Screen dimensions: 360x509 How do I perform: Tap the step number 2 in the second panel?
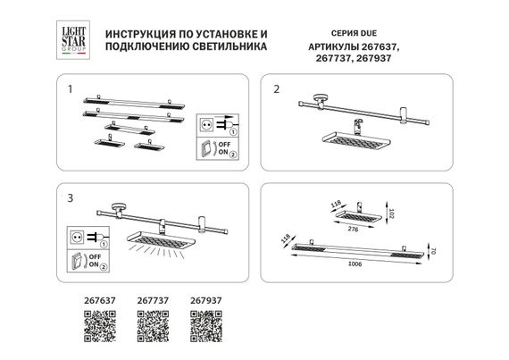tap(277, 89)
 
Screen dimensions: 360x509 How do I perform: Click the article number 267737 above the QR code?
tap(151, 301)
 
